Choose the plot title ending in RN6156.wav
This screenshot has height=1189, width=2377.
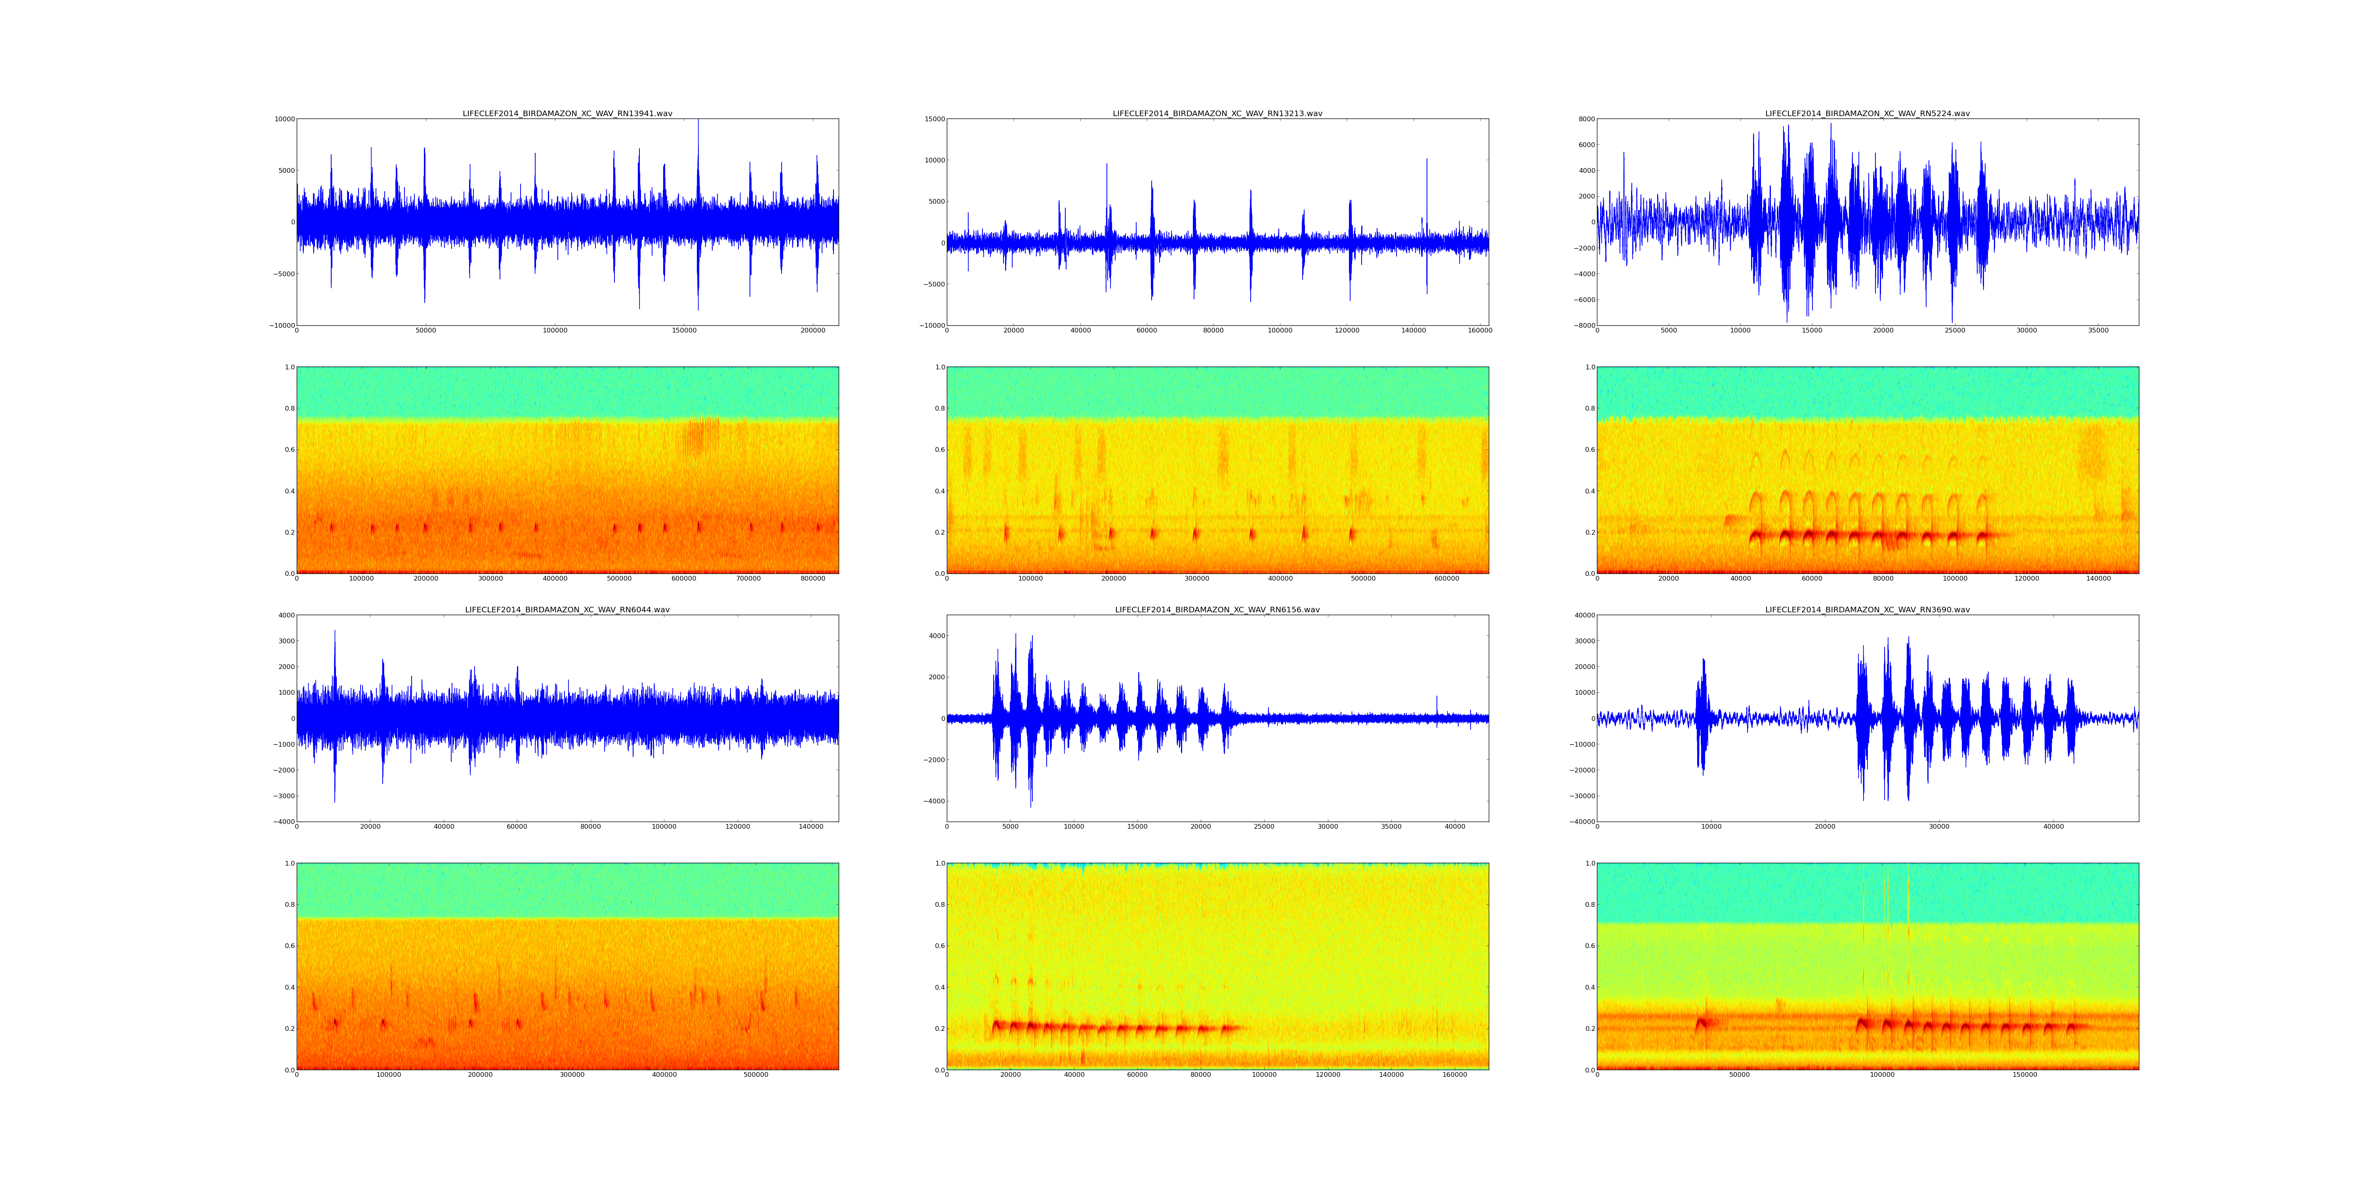pos(1217,609)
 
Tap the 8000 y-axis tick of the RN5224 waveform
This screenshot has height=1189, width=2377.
pos(1584,119)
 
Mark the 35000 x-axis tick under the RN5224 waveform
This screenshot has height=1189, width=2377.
pos(2097,331)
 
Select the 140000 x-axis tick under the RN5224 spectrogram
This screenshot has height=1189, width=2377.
pos(2098,579)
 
